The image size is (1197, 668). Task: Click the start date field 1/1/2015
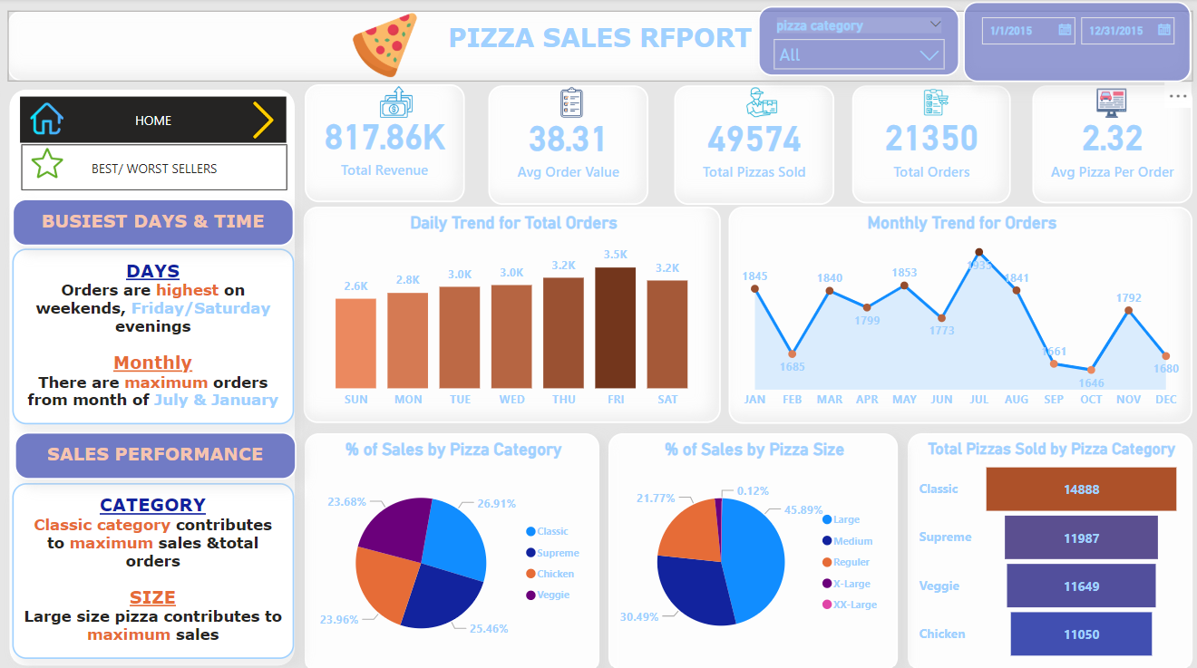coord(1027,31)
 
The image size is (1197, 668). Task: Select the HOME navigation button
coord(153,120)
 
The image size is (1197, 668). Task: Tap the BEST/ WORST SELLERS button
coord(154,168)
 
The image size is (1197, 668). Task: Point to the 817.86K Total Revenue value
coord(384,138)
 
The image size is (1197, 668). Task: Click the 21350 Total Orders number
coord(931,139)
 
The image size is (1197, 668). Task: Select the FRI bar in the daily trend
coord(616,327)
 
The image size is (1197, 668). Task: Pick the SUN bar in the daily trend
coord(355,343)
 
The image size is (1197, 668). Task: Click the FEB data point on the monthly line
coord(793,353)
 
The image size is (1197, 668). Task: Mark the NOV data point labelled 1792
coord(1128,311)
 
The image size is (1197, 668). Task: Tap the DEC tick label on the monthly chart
coord(1166,399)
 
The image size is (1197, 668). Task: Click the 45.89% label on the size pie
coord(803,510)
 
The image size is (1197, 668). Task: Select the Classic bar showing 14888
coord(1081,489)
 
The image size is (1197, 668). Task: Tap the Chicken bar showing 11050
coord(1081,634)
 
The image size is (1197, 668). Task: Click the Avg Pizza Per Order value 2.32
coord(1112,139)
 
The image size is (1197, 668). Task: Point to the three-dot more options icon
coord(1177,96)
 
